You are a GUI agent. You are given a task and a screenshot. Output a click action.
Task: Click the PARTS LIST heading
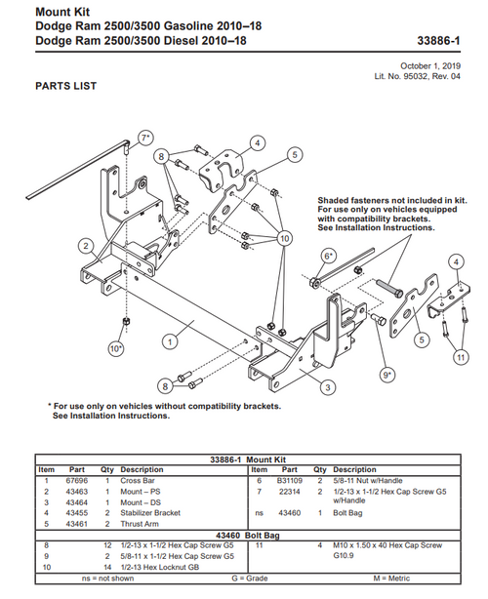pos(66,86)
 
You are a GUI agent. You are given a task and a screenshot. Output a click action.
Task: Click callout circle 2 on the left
pos(87,245)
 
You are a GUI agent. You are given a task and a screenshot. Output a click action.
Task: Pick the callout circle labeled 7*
pos(145,138)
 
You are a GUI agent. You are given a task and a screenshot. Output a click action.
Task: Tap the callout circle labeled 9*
pos(387,374)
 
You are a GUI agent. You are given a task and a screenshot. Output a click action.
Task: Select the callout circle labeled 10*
pos(116,348)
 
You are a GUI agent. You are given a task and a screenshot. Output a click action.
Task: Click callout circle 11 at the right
pos(461,358)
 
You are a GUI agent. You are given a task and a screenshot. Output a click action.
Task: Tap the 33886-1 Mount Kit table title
pos(247,458)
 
